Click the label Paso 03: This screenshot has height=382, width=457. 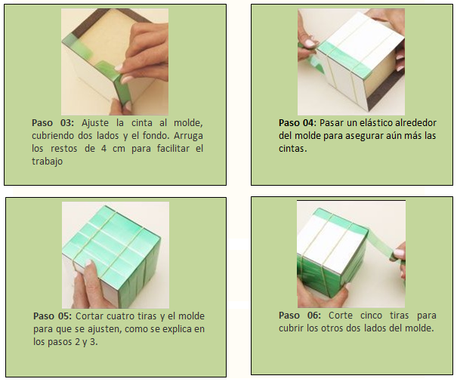(53, 123)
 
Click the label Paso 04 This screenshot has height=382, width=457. (296, 123)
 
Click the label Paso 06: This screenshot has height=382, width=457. (300, 316)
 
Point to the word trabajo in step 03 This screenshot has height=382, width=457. (48, 162)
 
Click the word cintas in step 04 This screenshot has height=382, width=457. (292, 149)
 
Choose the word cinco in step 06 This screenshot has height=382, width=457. (371, 316)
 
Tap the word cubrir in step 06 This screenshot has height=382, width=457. (291, 328)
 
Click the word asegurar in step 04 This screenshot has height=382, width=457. (363, 137)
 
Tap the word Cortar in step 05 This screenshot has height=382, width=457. (89, 316)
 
